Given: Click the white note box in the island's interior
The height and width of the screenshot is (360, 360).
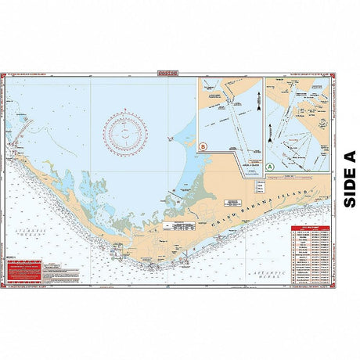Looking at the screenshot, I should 180,224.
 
